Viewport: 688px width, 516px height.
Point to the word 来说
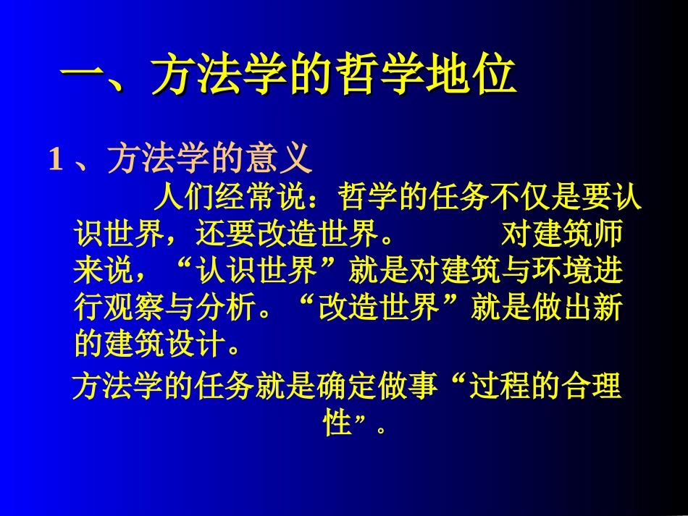(104, 271)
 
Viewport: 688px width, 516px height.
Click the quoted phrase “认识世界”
(257, 271)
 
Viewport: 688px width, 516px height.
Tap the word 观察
(135, 309)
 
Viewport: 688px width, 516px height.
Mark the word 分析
(226, 309)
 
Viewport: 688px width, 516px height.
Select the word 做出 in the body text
(562, 309)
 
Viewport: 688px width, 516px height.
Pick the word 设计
(196, 345)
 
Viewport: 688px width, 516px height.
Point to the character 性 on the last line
(337, 423)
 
